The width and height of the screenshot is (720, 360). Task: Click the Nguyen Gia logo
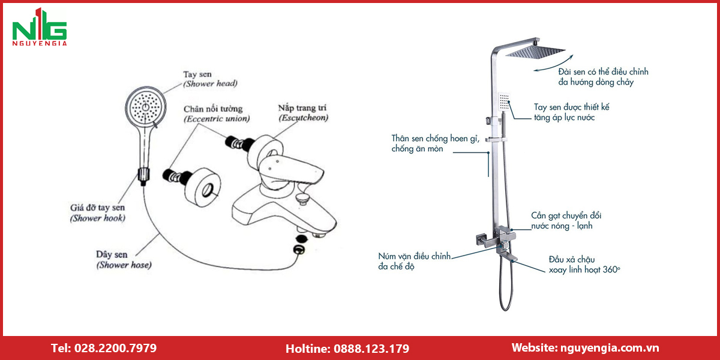40,27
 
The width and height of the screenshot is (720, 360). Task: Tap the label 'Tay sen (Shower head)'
210,79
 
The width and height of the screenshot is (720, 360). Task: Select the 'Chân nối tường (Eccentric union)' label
217,114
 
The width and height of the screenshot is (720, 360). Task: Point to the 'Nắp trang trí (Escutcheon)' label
303,113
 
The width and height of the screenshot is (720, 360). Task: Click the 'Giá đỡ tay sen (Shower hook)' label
98,213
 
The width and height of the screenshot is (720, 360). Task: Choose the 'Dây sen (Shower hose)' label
124,260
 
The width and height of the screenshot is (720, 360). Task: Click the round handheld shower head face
146,106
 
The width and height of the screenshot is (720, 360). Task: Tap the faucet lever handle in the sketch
291,170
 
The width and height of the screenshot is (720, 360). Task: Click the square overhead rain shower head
535,52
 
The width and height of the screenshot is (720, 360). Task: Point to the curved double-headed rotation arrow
554,65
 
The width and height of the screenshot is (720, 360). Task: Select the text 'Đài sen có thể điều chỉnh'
603,71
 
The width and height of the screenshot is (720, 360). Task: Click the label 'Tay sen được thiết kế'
571,107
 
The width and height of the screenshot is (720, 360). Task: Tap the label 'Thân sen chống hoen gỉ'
435,139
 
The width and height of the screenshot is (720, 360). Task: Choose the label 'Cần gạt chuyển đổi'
566,215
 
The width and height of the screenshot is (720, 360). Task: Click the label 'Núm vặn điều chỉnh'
415,256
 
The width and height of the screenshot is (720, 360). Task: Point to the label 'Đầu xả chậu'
572,259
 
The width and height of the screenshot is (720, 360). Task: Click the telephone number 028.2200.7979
115,348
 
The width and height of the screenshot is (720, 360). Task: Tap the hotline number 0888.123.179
371,349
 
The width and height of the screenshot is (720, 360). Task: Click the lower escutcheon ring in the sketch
203,187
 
